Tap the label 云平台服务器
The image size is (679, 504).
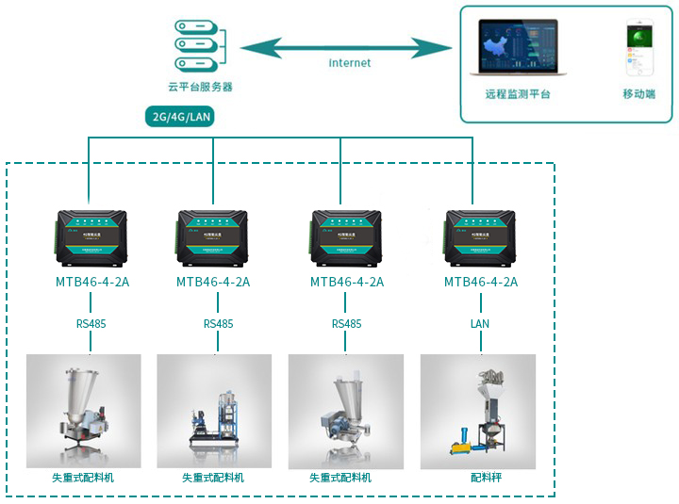(200, 87)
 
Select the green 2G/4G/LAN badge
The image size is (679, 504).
(180, 117)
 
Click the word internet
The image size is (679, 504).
(350, 63)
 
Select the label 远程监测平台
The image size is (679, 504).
(518, 94)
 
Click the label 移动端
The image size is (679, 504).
(638, 94)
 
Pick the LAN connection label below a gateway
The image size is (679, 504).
(480, 324)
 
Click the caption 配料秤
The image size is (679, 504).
(486, 478)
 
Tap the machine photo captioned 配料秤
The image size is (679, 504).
(477, 412)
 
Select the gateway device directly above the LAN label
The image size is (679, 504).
(480, 236)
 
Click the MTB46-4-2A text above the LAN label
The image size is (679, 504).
(480, 282)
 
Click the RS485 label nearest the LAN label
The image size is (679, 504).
(346, 324)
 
